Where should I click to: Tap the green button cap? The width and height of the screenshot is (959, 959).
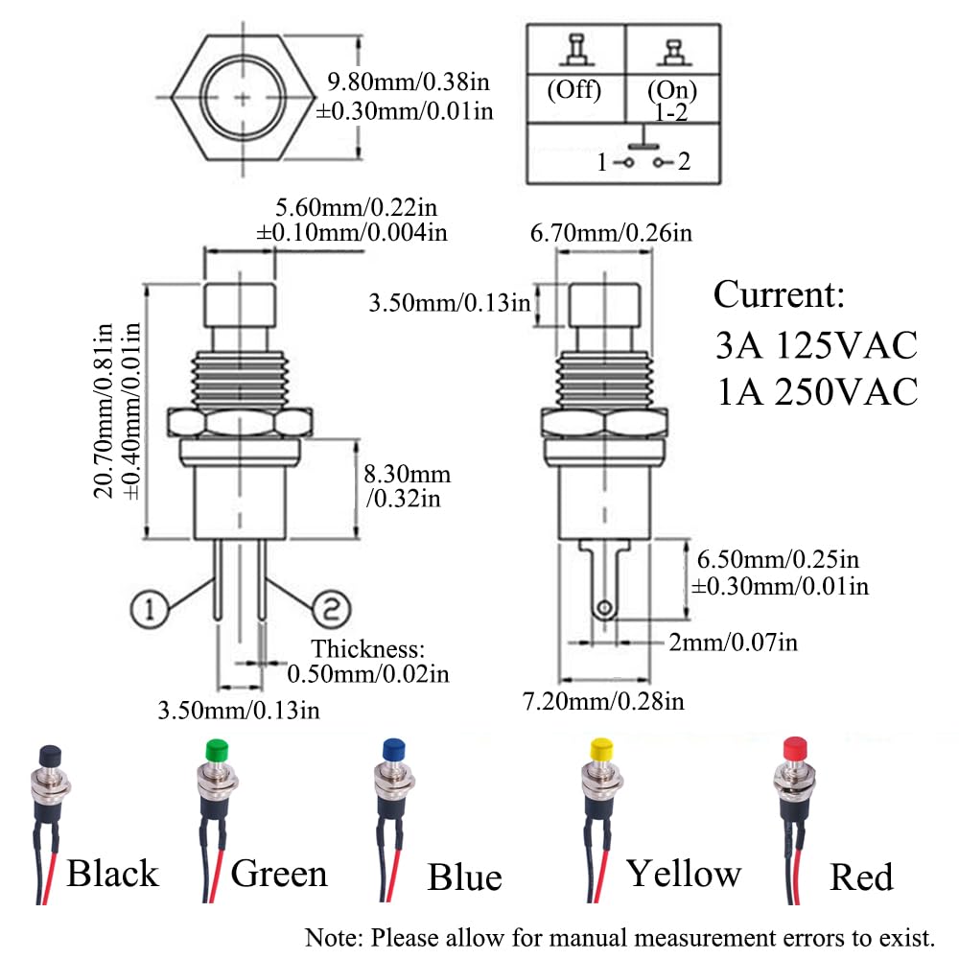tap(217, 750)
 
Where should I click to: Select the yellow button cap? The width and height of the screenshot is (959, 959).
tap(601, 748)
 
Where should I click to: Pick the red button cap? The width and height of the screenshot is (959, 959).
tap(793, 748)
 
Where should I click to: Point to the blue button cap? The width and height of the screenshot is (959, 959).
tap(391, 750)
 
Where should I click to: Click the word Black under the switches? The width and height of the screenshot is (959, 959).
tap(112, 874)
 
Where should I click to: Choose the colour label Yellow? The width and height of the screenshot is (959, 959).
tap(684, 874)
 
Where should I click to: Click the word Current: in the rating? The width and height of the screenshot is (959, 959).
tap(779, 295)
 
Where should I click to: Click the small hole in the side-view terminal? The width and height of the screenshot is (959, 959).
tap(604, 608)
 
